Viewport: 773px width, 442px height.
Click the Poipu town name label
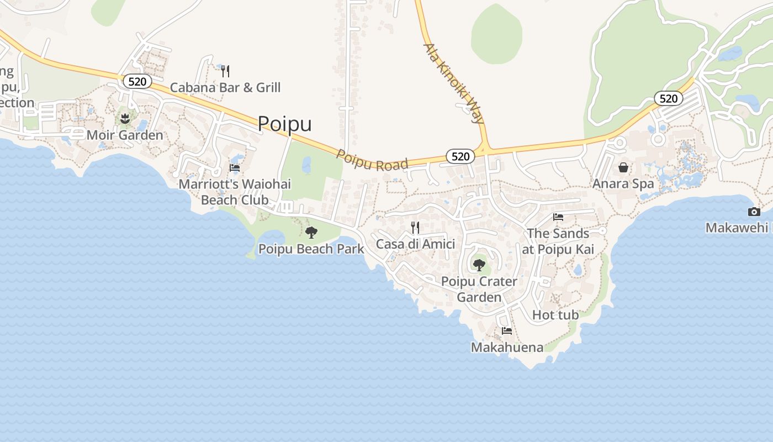284,124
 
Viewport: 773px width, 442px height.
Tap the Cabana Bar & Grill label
225,87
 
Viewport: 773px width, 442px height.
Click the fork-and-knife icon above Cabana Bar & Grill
225,71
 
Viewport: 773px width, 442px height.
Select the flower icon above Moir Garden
125,118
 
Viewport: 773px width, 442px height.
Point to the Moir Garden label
125,135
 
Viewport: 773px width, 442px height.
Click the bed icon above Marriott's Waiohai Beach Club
235,168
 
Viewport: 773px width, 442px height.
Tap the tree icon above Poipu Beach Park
311,232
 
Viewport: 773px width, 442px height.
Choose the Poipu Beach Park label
311,249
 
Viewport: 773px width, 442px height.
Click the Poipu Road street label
372,160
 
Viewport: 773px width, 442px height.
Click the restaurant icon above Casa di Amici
415,227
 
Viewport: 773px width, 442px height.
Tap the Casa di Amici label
415,244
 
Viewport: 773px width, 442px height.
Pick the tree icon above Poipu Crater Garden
479,265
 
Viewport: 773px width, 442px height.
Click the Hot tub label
555,315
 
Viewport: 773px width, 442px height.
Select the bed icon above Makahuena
507,331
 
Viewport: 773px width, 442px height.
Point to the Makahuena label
507,347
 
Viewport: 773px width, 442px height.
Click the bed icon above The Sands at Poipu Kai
558,217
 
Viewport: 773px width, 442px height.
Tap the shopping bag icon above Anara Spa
623,167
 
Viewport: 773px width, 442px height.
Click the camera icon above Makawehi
754,212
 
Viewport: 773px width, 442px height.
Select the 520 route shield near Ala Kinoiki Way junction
460,156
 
